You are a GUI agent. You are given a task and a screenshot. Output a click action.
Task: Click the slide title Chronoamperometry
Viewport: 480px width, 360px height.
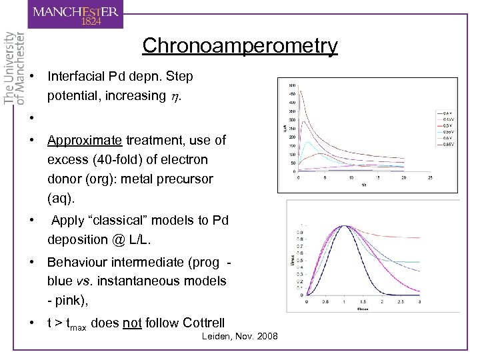coord(239,46)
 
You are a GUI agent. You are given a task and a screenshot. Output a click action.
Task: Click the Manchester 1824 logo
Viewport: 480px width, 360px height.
coord(77,15)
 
